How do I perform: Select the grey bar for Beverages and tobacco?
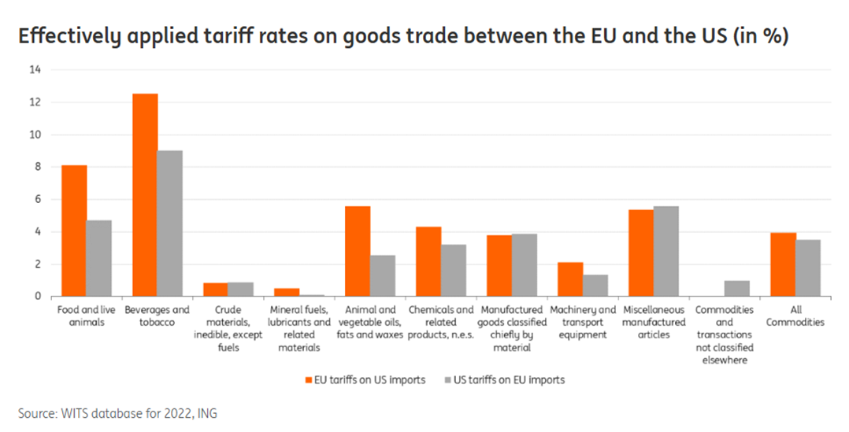tap(169, 223)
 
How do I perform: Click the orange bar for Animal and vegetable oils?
tap(358, 251)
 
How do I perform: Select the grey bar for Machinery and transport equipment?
tap(595, 286)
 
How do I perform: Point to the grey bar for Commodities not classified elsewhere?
tap(737, 289)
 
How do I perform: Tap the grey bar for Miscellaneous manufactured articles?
tap(666, 251)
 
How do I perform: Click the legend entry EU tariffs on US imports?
tap(363, 380)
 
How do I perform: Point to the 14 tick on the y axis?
tap(34, 70)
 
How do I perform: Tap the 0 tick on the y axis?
tap(35, 297)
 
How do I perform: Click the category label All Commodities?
tap(795, 316)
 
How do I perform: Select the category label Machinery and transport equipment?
tap(583, 322)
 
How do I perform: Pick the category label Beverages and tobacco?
tap(158, 316)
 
